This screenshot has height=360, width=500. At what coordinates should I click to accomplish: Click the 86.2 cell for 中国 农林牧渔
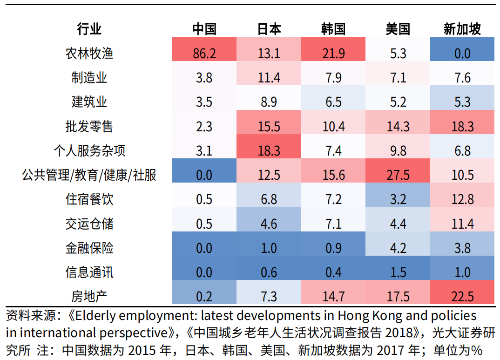click(x=204, y=53)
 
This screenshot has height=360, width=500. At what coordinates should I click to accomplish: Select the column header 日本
click(x=269, y=29)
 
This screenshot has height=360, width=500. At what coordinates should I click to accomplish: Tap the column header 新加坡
click(x=462, y=29)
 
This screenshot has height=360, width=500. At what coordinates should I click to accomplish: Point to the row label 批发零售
click(x=89, y=126)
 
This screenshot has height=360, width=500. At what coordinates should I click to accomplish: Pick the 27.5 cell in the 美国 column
click(x=398, y=175)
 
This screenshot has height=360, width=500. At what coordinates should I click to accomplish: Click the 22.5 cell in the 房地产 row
click(x=462, y=296)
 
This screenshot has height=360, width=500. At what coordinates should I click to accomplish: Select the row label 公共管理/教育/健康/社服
click(x=89, y=175)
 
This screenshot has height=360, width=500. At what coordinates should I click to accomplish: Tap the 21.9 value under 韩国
click(x=333, y=53)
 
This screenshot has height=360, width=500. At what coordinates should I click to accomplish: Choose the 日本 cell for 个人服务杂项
click(x=269, y=150)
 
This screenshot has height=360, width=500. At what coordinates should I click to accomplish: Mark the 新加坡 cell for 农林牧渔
click(x=462, y=53)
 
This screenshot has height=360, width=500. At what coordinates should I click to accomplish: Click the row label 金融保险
click(x=89, y=248)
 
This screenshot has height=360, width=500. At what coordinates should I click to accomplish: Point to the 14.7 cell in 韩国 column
click(x=333, y=296)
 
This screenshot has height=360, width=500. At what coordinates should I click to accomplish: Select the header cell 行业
click(x=89, y=29)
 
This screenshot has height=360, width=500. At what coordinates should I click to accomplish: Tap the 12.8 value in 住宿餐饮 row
click(x=462, y=199)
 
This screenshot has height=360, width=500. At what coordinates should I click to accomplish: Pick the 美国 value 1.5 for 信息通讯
click(x=398, y=272)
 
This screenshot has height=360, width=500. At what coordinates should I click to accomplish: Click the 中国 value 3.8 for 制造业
click(x=204, y=77)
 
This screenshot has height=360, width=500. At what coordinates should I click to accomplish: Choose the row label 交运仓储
click(x=89, y=224)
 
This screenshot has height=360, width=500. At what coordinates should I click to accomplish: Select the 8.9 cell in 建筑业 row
click(x=269, y=102)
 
